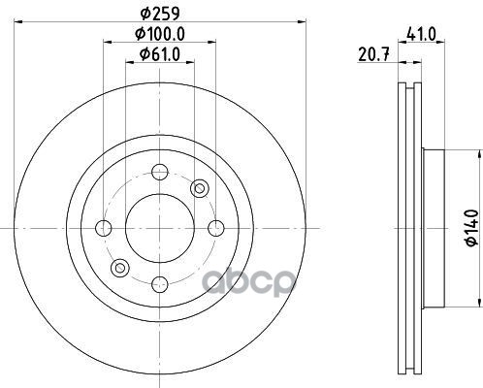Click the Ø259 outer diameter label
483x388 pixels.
click(160, 14)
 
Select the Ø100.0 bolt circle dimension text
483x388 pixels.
click(160, 34)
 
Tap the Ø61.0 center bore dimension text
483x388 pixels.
click(160, 54)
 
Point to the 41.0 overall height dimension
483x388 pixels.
click(421, 34)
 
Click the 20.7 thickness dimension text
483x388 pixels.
click(373, 54)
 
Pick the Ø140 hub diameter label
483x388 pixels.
click(471, 228)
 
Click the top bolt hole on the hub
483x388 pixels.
click(160, 172)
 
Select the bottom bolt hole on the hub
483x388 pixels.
click(160, 285)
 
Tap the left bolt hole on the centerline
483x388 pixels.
click(104, 228)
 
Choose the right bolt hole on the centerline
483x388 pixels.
click(216, 228)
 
